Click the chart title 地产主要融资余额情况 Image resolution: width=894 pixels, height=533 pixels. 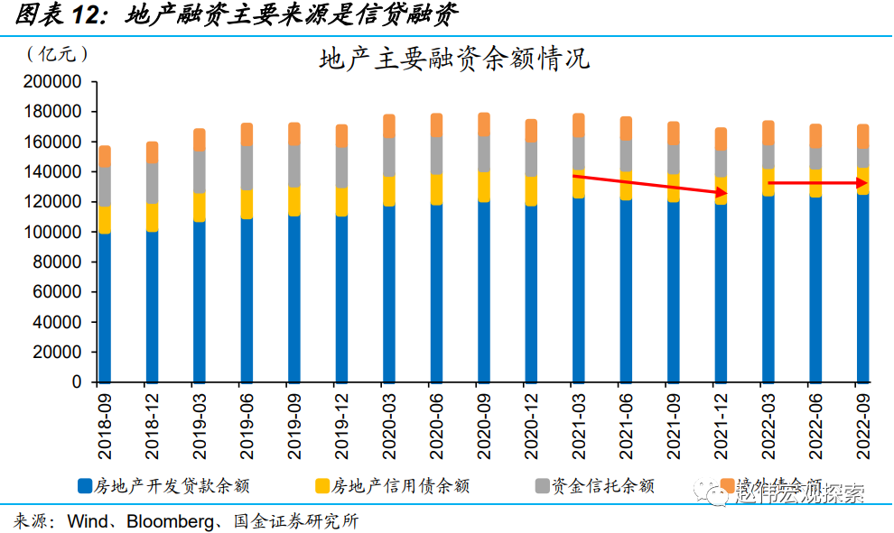click(454, 60)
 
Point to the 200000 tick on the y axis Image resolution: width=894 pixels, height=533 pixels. click(52, 82)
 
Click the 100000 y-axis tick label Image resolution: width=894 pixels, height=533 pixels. click(52, 232)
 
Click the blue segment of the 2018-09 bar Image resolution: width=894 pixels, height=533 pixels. click(105, 307)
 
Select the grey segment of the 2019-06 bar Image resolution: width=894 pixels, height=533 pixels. click(247, 168)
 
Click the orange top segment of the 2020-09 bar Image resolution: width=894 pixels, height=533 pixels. click(483, 124)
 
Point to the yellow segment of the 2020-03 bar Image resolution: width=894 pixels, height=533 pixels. click(388, 190)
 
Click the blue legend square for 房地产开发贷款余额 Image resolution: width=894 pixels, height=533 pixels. click(84, 486)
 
